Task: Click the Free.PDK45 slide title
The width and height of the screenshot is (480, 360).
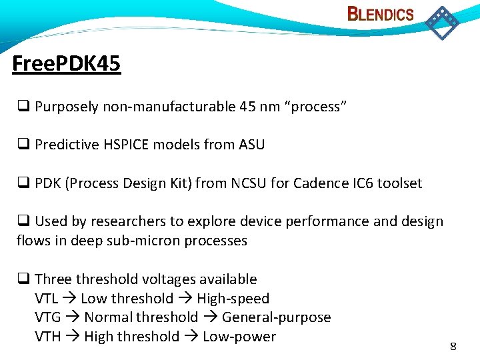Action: tap(67, 64)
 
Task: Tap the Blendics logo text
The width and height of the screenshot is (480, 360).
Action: tap(381, 14)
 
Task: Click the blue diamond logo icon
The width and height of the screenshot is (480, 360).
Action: tap(441, 22)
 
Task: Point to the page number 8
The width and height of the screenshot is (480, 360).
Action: tap(453, 346)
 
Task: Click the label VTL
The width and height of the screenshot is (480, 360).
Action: tap(47, 299)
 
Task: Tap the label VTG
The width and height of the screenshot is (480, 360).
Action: tap(48, 318)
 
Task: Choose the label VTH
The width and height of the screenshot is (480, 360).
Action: tap(48, 337)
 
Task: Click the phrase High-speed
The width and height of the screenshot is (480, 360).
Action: tap(233, 299)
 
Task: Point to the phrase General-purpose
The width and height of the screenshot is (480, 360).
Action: tap(276, 318)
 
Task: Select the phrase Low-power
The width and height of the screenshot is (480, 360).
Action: tap(239, 337)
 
